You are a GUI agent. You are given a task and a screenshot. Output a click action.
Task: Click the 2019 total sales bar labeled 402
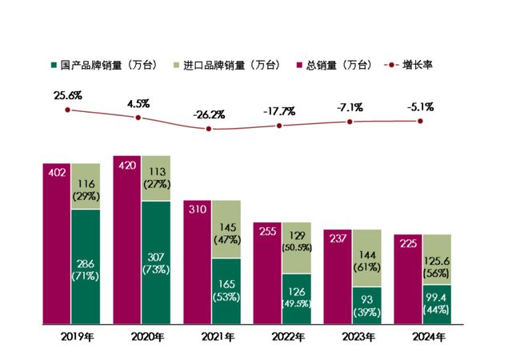coord(57,244)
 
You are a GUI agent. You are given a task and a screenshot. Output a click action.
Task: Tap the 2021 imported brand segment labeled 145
coord(227,229)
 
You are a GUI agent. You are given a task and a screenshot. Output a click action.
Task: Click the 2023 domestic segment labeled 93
coord(367,306)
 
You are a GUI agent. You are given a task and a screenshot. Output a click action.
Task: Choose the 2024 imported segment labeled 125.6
coord(438,259)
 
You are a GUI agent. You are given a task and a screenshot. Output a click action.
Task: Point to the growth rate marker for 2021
coord(209,129)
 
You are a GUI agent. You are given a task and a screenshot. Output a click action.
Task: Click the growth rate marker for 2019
coord(68,110)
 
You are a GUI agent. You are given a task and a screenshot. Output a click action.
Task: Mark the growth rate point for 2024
coord(419,121)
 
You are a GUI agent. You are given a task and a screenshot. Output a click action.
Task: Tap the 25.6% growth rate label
coord(68,95)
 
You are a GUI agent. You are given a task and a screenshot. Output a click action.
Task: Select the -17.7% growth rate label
coord(278,110)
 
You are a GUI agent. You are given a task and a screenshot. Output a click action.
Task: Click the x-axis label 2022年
coord(279,335)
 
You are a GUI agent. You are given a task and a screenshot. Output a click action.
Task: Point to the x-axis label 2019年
coord(71,335)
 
